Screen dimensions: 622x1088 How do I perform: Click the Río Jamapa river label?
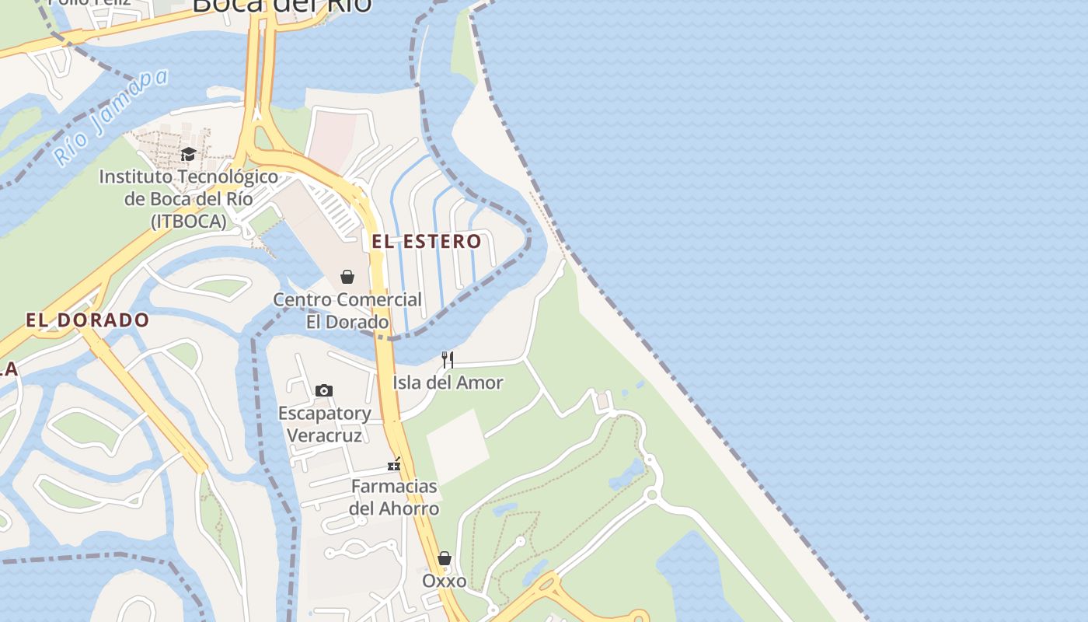pyautogui.click(x=112, y=117)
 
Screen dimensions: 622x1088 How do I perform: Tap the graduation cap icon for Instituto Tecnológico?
pyautogui.click(x=188, y=154)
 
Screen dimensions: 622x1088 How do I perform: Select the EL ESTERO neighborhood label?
pyautogui.click(x=427, y=241)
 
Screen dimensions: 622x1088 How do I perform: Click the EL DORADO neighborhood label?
pyautogui.click(x=87, y=320)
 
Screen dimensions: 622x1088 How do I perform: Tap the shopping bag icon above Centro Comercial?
pyautogui.click(x=347, y=277)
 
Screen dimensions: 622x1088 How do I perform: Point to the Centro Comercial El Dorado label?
pyautogui.click(x=347, y=310)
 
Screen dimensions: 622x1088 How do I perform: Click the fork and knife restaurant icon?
pyautogui.click(x=448, y=359)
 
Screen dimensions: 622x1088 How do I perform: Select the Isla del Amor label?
pyautogui.click(x=448, y=383)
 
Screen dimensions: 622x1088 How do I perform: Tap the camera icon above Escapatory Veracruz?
pyautogui.click(x=324, y=390)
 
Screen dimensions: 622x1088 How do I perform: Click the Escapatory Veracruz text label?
pyautogui.click(x=325, y=424)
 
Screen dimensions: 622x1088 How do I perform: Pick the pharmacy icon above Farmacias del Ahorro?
pyautogui.click(x=394, y=465)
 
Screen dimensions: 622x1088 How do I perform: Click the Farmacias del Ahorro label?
pyautogui.click(x=394, y=498)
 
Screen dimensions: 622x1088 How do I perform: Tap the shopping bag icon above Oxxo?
pyautogui.click(x=445, y=558)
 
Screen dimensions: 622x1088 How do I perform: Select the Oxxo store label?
pyautogui.click(x=445, y=581)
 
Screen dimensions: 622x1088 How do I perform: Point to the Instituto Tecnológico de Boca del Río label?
pyautogui.click(x=189, y=198)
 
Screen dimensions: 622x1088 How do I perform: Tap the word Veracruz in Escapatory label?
pyautogui.click(x=325, y=435)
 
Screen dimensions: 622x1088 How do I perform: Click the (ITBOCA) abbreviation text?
pyautogui.click(x=189, y=222)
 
